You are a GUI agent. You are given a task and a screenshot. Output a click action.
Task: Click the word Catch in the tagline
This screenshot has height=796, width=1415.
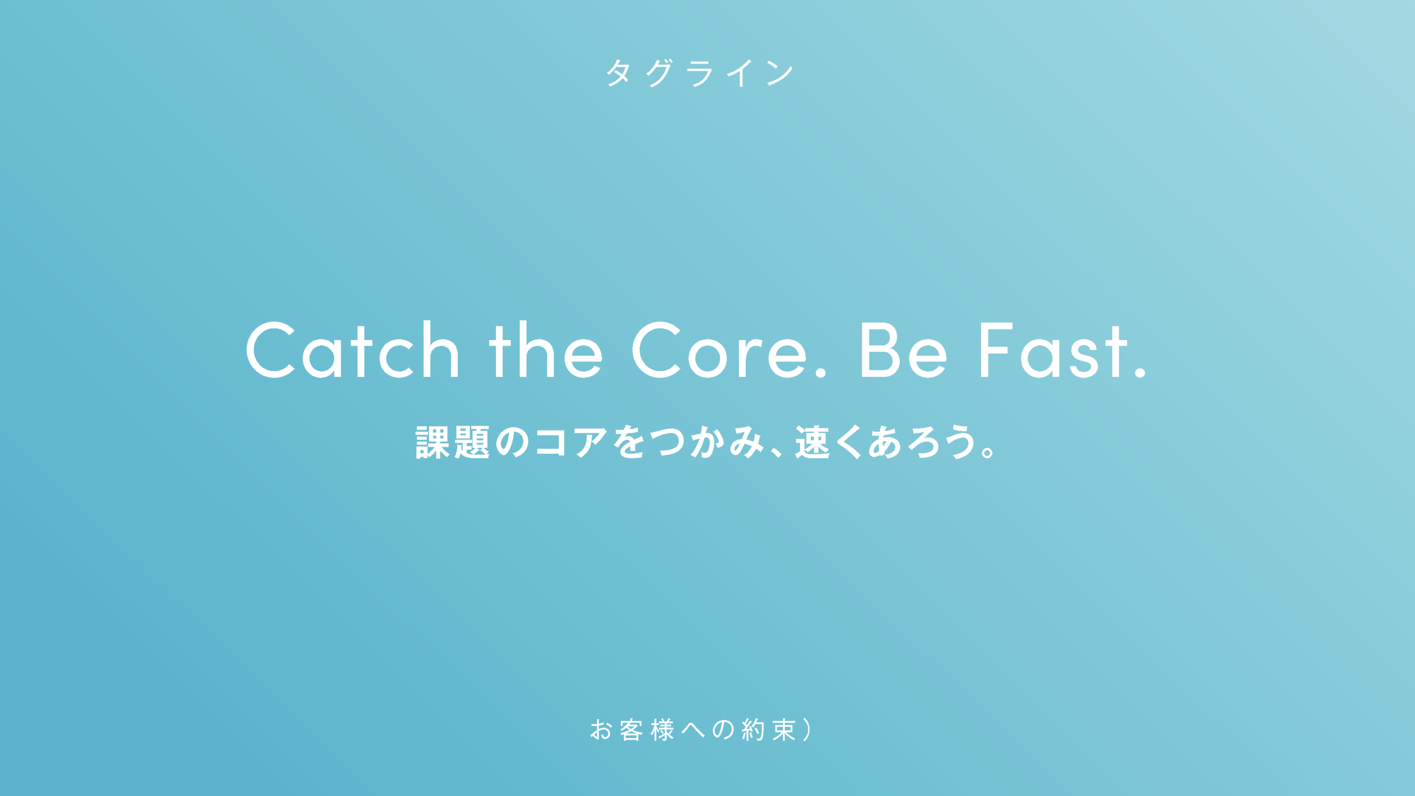coord(353,350)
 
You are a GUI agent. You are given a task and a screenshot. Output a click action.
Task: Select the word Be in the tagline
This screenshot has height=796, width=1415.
coord(904,350)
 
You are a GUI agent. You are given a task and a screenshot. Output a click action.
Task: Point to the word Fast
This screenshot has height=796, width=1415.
coord(1054,350)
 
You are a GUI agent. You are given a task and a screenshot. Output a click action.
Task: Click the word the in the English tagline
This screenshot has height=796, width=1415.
coord(546,350)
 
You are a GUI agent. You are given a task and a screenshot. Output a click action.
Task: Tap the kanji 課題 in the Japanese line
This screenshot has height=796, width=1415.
coord(453,442)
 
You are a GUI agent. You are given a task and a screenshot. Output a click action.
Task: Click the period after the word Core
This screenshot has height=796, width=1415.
coord(821,373)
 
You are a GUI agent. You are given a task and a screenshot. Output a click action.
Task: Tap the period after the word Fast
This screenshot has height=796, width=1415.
coord(1140,373)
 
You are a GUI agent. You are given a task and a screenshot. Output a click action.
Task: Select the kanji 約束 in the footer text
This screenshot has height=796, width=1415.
coord(769,730)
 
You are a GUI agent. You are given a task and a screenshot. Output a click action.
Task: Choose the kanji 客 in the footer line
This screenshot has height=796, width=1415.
coord(631,730)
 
